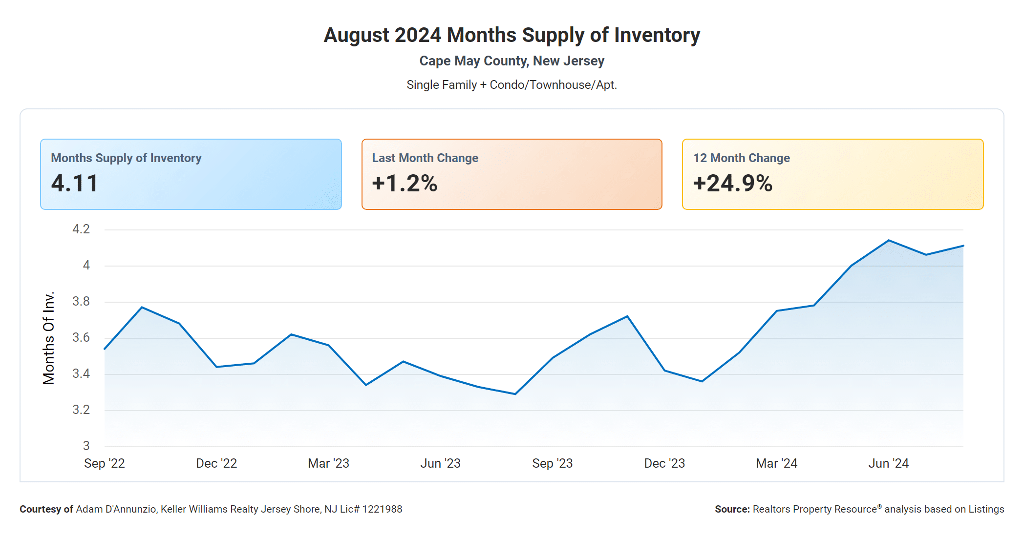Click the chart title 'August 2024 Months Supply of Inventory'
(x=512, y=35)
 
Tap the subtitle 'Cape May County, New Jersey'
(x=512, y=61)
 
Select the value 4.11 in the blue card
(x=75, y=184)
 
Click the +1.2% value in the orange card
(x=405, y=184)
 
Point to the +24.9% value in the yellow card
(x=732, y=184)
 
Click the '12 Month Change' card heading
(x=741, y=158)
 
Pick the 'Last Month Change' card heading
(x=425, y=158)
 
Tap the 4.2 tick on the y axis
(x=81, y=229)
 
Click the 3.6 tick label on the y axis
(x=81, y=338)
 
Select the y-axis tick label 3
(x=86, y=446)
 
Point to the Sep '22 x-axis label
(x=105, y=463)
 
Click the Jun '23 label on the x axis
(x=440, y=463)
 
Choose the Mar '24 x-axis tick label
(x=776, y=463)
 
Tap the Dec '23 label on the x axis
(x=664, y=463)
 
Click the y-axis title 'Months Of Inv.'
(x=49, y=338)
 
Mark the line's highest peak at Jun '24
(x=889, y=240)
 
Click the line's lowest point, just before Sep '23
(x=515, y=394)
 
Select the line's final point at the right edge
(x=963, y=246)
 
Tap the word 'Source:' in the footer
(x=732, y=509)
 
